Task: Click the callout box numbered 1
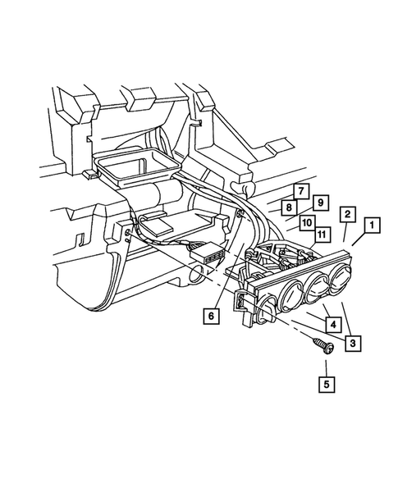372,224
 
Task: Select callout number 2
348,215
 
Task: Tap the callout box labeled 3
350,341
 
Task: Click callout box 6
212,314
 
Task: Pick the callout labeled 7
300,191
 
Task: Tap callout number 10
305,221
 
